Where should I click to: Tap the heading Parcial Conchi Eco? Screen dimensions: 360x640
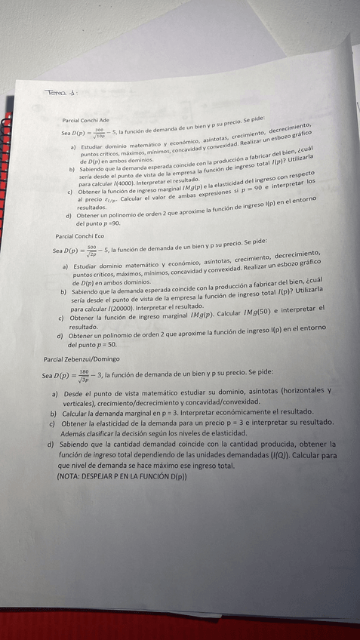79,236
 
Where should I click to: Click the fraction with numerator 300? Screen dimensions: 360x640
98,131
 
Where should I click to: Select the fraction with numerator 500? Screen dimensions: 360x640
91,249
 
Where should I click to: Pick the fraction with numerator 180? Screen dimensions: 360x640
83,374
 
